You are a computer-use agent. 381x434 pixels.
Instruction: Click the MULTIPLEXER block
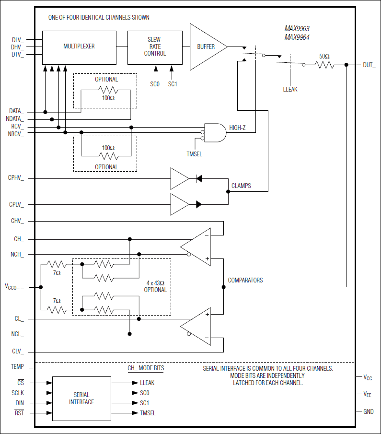tap(79, 47)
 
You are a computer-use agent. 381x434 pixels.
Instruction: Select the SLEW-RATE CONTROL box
tap(155, 47)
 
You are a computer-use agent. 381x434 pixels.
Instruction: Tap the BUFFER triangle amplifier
tap(206, 47)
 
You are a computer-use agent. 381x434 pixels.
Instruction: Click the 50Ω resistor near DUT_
tap(324, 64)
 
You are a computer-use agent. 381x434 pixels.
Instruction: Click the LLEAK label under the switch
tap(290, 89)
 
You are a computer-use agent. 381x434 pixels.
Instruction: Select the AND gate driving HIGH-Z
tap(215, 132)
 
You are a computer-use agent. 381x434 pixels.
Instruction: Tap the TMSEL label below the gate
tap(195, 154)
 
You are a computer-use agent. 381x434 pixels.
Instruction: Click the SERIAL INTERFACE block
tap(81, 399)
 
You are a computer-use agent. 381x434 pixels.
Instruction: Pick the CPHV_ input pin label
tap(16, 178)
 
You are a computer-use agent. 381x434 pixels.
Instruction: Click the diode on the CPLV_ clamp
tap(199, 204)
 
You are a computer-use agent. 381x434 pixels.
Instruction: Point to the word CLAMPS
tap(241, 186)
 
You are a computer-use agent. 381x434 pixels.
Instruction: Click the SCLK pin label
tap(16, 392)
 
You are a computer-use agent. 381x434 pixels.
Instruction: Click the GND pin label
tap(368, 411)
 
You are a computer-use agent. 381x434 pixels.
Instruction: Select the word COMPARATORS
tap(245, 280)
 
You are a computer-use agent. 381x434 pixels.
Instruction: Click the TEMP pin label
tap(17, 366)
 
